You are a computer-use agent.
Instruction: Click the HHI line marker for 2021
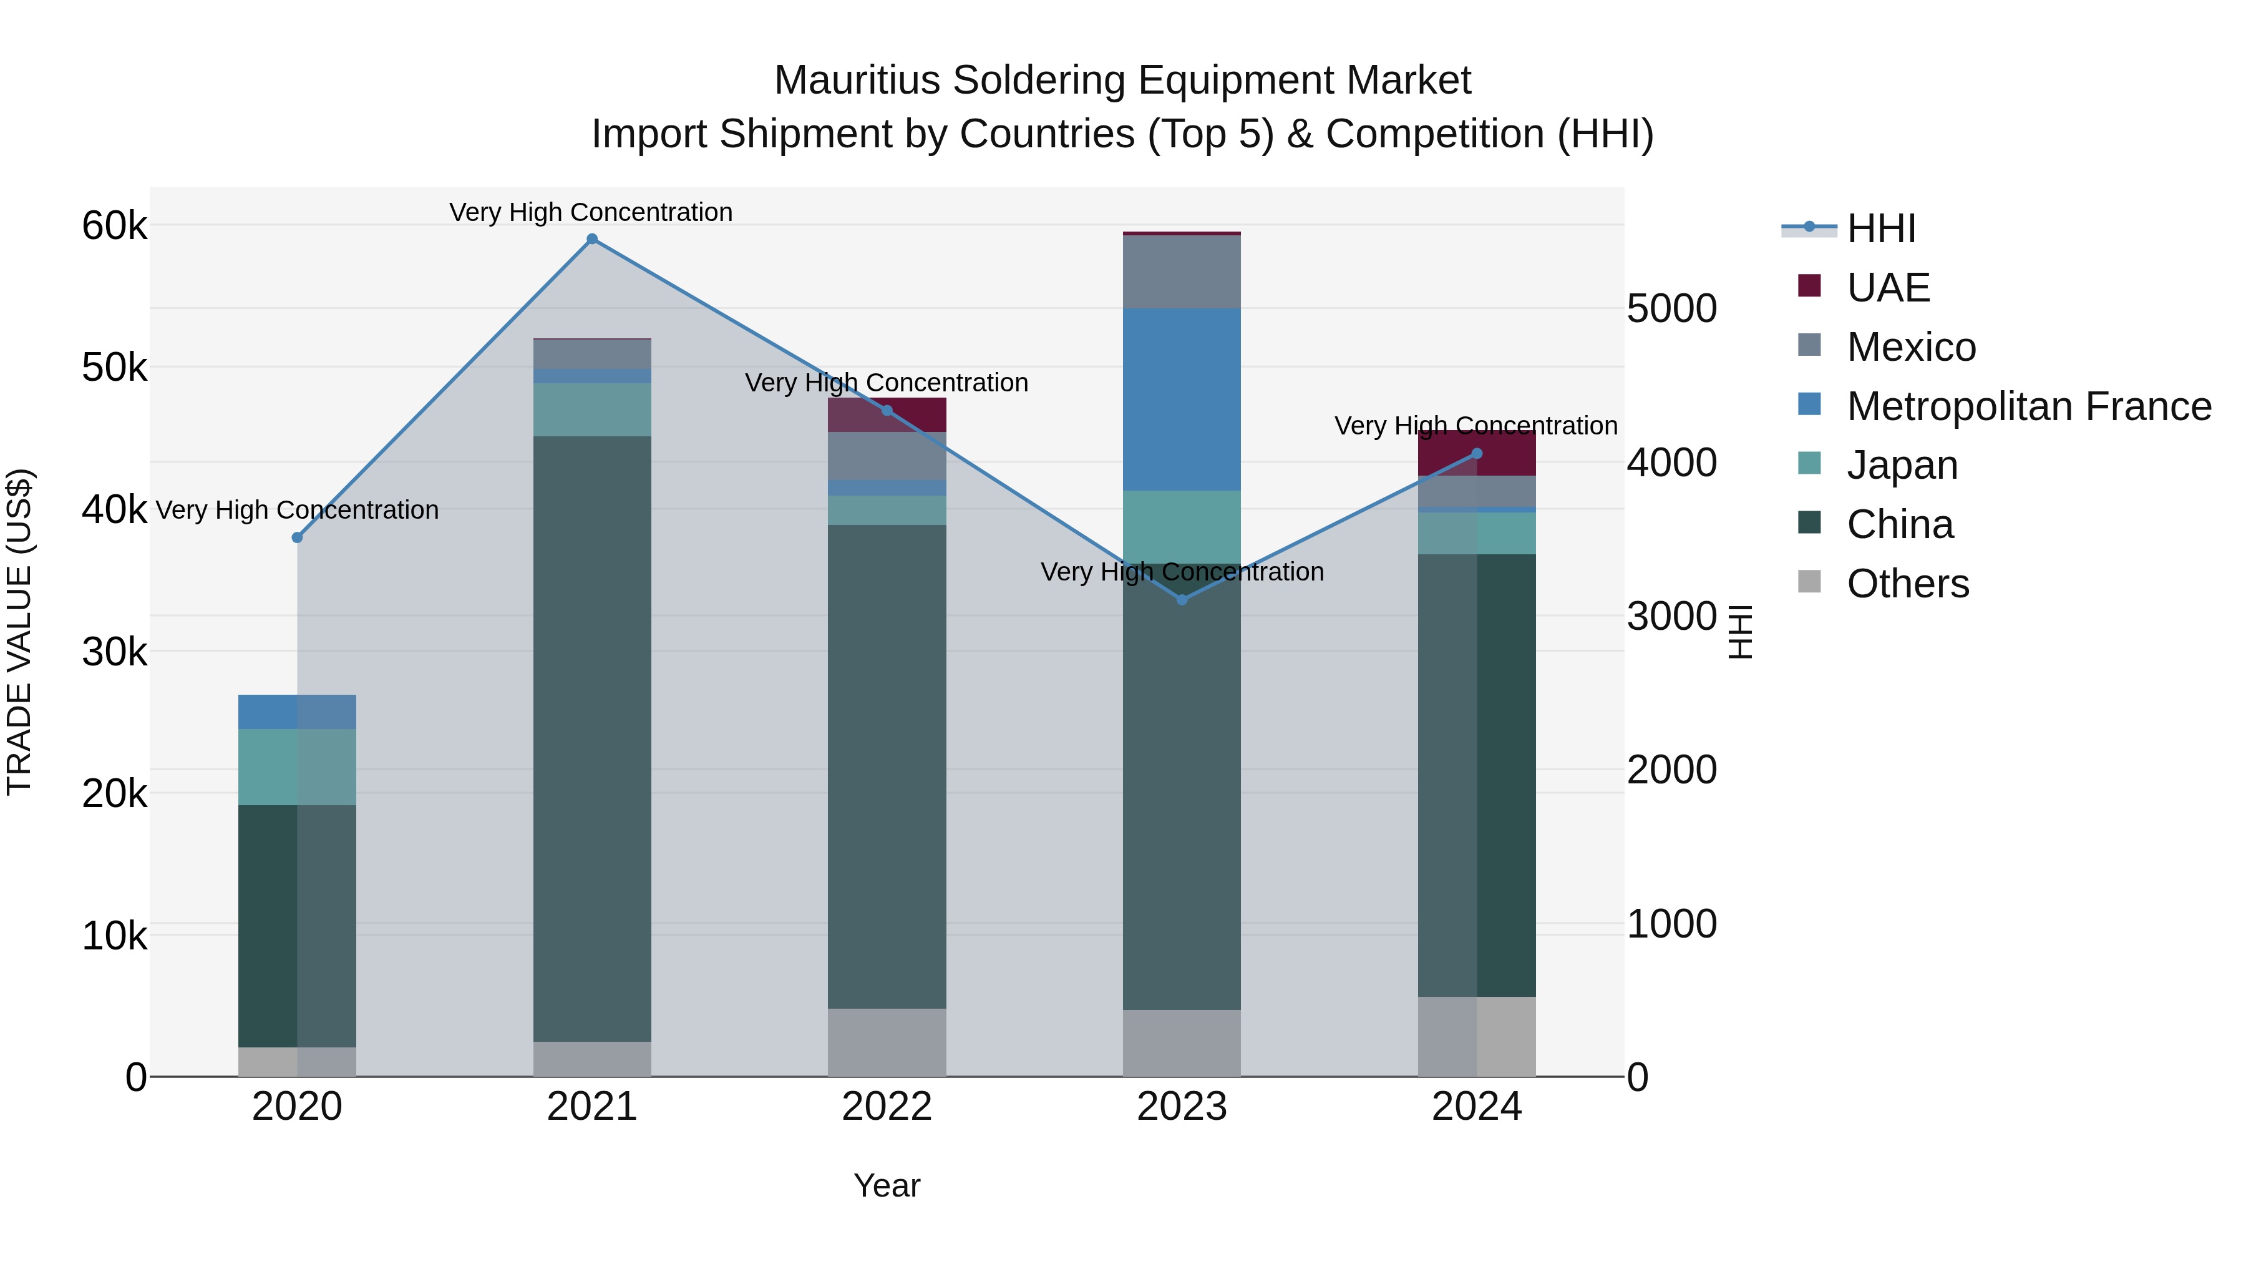point(592,239)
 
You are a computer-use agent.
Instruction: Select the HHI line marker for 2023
point(1182,599)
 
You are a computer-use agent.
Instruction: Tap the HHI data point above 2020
point(298,537)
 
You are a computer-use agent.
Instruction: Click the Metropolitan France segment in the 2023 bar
point(1182,399)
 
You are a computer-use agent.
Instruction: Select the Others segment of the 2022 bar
point(887,1042)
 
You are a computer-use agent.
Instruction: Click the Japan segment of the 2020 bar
point(298,766)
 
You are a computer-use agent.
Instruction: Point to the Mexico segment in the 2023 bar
point(1182,272)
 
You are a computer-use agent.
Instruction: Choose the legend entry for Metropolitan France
point(2028,406)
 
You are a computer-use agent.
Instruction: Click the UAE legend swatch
point(1809,286)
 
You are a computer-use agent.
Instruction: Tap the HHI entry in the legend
point(1880,228)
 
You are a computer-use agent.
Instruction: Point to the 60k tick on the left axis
point(114,226)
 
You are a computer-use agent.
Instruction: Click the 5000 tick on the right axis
point(1671,309)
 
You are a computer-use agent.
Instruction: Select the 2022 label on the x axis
point(887,1107)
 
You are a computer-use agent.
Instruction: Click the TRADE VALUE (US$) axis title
point(19,632)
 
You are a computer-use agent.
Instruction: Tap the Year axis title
point(887,1185)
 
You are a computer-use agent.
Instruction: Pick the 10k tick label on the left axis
point(114,936)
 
